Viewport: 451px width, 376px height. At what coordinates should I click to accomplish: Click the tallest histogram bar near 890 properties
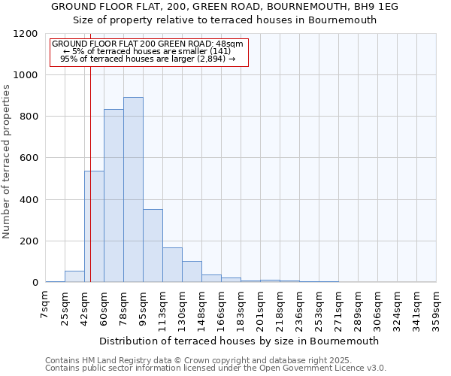[x=133, y=190]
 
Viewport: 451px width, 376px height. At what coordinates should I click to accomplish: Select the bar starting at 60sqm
[x=114, y=196]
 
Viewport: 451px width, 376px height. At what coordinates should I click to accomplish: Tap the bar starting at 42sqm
[x=94, y=226]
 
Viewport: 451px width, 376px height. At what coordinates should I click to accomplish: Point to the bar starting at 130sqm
[x=192, y=271]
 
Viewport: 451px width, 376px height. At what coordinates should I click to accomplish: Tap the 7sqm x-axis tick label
[x=45, y=305]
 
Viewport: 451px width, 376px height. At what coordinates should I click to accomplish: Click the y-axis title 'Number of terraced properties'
[x=7, y=162]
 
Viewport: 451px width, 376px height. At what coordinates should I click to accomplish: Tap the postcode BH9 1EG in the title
[x=374, y=7]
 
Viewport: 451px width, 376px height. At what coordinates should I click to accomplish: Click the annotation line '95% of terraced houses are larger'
[x=147, y=59]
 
